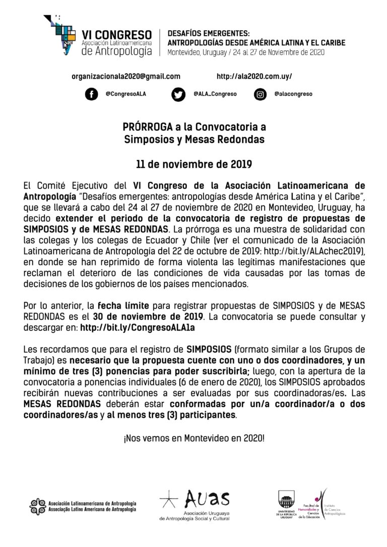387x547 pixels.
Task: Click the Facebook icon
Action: (91, 94)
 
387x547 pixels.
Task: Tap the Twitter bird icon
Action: (178, 94)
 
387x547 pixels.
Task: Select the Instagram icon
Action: (260, 94)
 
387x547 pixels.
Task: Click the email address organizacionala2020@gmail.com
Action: (126, 76)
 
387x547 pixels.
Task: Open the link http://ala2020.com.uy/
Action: (254, 76)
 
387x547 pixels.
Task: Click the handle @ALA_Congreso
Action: (215, 94)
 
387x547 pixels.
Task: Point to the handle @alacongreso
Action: (293, 94)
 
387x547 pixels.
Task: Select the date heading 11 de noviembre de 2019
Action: (194, 164)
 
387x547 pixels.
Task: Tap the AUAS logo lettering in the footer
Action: (207, 500)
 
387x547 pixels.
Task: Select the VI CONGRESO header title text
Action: (116, 35)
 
